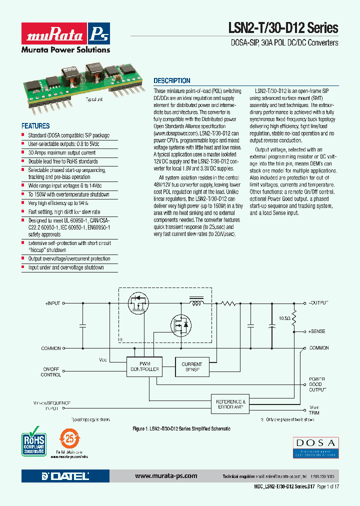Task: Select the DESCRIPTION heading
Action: (171, 80)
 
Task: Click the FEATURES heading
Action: (35, 126)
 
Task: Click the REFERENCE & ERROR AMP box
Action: (230, 404)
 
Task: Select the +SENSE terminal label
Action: (316, 331)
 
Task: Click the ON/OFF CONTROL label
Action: (51, 372)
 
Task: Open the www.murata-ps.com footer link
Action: (166, 476)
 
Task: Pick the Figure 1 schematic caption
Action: (181, 429)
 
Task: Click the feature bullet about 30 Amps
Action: (62, 153)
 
